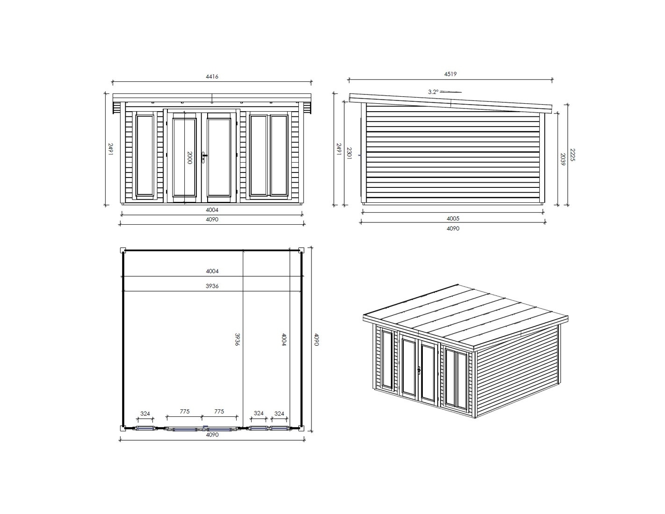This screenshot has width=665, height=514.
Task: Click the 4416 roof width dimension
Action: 212,77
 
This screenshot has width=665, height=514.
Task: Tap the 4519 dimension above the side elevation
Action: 450,74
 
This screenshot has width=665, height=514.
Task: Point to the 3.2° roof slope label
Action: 434,92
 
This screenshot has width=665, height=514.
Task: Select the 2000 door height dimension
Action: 189,158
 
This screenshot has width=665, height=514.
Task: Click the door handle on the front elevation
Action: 204,157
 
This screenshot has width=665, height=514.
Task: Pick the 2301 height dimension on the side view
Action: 349,153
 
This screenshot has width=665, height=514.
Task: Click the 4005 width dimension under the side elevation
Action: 453,218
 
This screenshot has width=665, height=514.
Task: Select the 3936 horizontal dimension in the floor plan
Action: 212,286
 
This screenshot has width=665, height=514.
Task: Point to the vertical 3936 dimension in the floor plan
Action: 237,339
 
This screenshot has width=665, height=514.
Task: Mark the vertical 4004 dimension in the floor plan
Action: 284,339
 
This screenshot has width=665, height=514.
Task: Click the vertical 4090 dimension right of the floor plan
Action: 317,339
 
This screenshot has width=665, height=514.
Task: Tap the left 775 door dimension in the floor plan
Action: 185,412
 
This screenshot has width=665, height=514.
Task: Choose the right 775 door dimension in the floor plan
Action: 219,412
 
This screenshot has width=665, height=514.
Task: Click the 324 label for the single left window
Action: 145,414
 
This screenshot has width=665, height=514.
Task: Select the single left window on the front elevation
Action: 145,155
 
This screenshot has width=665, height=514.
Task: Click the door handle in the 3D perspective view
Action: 419,370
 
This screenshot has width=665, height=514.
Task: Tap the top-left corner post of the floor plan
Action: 123,250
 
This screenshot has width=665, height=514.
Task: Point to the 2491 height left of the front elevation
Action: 111,150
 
